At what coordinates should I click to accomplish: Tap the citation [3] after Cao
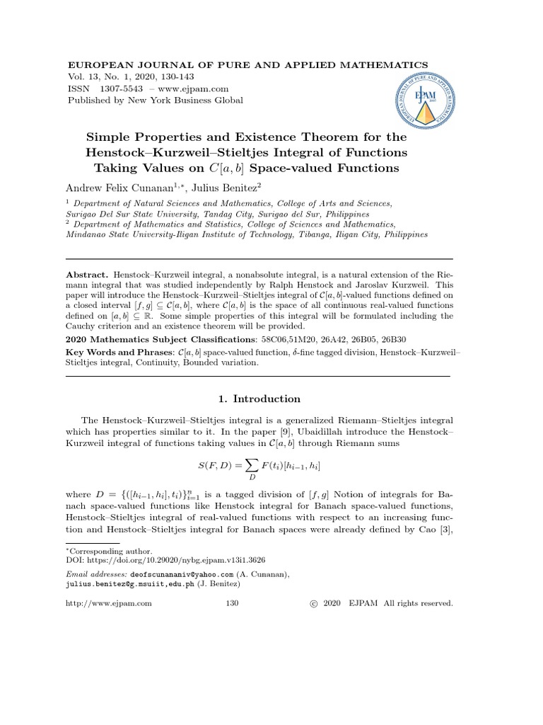tap(445, 529)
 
